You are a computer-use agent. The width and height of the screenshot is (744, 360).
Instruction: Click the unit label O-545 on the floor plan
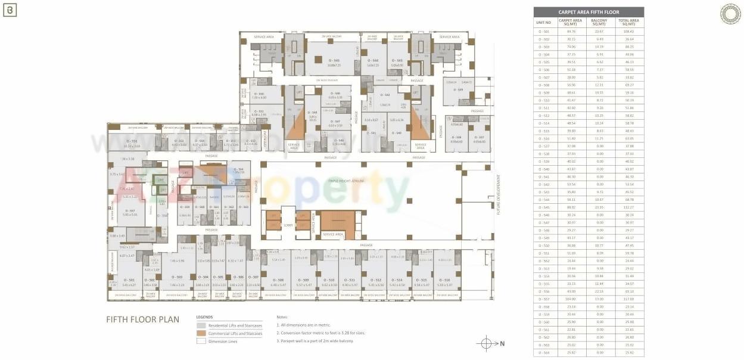click(x=334, y=60)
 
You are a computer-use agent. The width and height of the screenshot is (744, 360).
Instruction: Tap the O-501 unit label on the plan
click(x=129, y=280)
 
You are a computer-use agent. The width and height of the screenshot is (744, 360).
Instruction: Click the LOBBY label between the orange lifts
click(x=288, y=225)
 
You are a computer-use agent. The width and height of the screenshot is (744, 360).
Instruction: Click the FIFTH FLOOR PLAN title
click(x=142, y=319)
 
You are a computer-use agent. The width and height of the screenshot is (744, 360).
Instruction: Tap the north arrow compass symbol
click(x=486, y=343)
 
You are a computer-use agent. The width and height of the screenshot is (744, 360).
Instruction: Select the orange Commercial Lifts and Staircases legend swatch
click(x=201, y=334)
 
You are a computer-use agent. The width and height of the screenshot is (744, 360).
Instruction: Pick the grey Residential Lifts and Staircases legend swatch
click(x=201, y=325)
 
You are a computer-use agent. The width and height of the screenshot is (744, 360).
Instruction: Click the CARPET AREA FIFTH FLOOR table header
click(x=588, y=12)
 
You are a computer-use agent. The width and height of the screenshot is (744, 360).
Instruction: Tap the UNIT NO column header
click(x=544, y=23)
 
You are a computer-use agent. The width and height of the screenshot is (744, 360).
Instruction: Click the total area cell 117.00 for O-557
click(x=630, y=299)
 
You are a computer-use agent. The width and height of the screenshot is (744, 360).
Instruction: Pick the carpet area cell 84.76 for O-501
click(x=571, y=31)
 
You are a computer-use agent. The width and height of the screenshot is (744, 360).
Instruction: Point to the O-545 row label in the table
click(x=544, y=207)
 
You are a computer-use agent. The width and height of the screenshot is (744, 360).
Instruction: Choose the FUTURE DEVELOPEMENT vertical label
click(x=499, y=194)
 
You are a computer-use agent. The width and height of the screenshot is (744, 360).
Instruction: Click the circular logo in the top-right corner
click(x=730, y=14)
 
